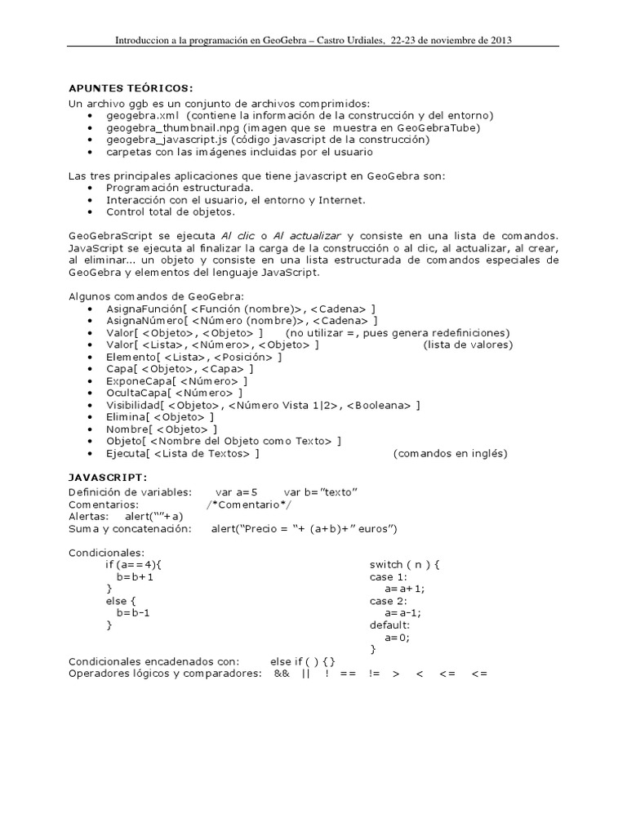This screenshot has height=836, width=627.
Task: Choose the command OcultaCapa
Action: [137, 393]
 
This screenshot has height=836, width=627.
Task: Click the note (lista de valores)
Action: [468, 345]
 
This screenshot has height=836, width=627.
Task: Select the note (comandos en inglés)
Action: [450, 453]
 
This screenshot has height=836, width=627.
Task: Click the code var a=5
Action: [236, 491]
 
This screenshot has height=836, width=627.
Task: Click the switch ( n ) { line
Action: [405, 564]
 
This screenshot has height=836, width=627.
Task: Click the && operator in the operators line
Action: [282, 674]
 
